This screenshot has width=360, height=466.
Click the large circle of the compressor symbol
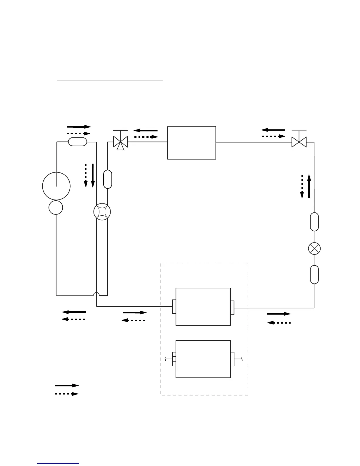tap(56, 186)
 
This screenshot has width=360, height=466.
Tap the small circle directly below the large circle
tap(56, 208)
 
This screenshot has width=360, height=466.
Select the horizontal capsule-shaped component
tap(77, 142)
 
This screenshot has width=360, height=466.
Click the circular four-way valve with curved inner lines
tap(102, 212)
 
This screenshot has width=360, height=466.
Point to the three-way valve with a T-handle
tap(120, 142)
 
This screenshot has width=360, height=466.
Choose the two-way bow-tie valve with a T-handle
tap(299, 142)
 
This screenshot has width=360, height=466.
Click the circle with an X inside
tap(314, 249)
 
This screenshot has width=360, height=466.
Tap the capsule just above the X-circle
tap(314, 222)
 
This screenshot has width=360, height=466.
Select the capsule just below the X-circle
tap(314, 274)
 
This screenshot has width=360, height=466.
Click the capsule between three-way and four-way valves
tap(108, 179)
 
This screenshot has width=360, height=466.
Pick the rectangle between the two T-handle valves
tap(191, 143)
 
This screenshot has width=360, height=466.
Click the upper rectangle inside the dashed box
tap(203, 307)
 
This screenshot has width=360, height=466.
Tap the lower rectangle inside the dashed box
tap(203, 359)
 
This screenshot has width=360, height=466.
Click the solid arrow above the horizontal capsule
tap(79, 127)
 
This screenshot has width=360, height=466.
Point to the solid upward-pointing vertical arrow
tap(309, 186)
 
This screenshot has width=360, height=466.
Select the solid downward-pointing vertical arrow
tap(93, 176)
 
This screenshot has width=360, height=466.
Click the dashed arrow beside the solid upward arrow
tap(302, 186)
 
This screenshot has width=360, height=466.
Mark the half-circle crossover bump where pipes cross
tap(96, 294)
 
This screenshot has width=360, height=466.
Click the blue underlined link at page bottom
tap(59, 463)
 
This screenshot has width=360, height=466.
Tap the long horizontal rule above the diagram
tap(110, 80)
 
